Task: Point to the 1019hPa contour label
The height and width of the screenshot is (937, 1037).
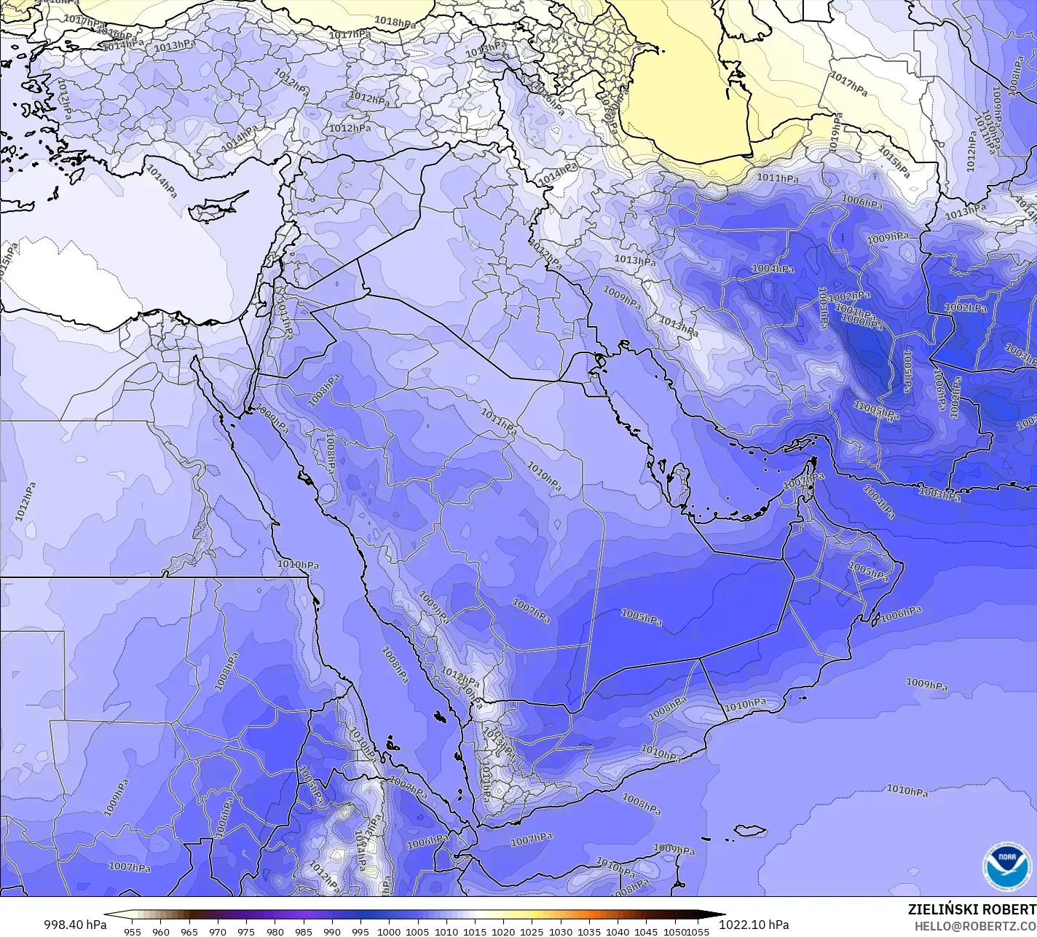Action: click(835, 134)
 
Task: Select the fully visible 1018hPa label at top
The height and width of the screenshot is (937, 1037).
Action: click(395, 23)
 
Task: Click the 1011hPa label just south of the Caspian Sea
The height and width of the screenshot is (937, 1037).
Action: click(777, 178)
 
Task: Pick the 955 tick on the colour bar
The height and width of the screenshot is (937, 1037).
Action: click(132, 930)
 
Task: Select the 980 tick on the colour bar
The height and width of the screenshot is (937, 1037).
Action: click(275, 930)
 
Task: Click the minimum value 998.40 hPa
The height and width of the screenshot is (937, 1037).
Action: click(75, 924)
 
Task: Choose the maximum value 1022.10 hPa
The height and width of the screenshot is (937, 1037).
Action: click(753, 924)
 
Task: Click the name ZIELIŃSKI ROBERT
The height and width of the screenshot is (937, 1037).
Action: click(971, 909)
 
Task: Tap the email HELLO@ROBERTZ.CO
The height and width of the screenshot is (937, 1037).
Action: click(975, 925)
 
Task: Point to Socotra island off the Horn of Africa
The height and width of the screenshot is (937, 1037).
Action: click(749, 830)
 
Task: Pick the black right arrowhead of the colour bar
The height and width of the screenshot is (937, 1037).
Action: click(717, 915)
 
